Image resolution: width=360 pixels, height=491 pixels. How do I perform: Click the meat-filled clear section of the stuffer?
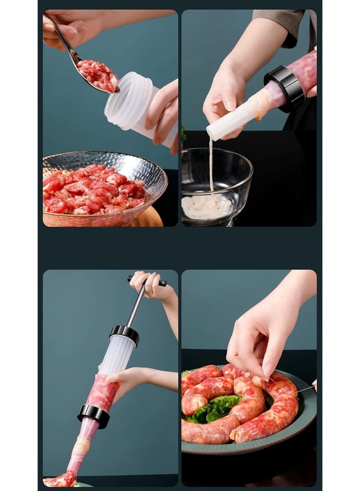103,392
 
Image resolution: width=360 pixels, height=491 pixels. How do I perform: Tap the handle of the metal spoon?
65,41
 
